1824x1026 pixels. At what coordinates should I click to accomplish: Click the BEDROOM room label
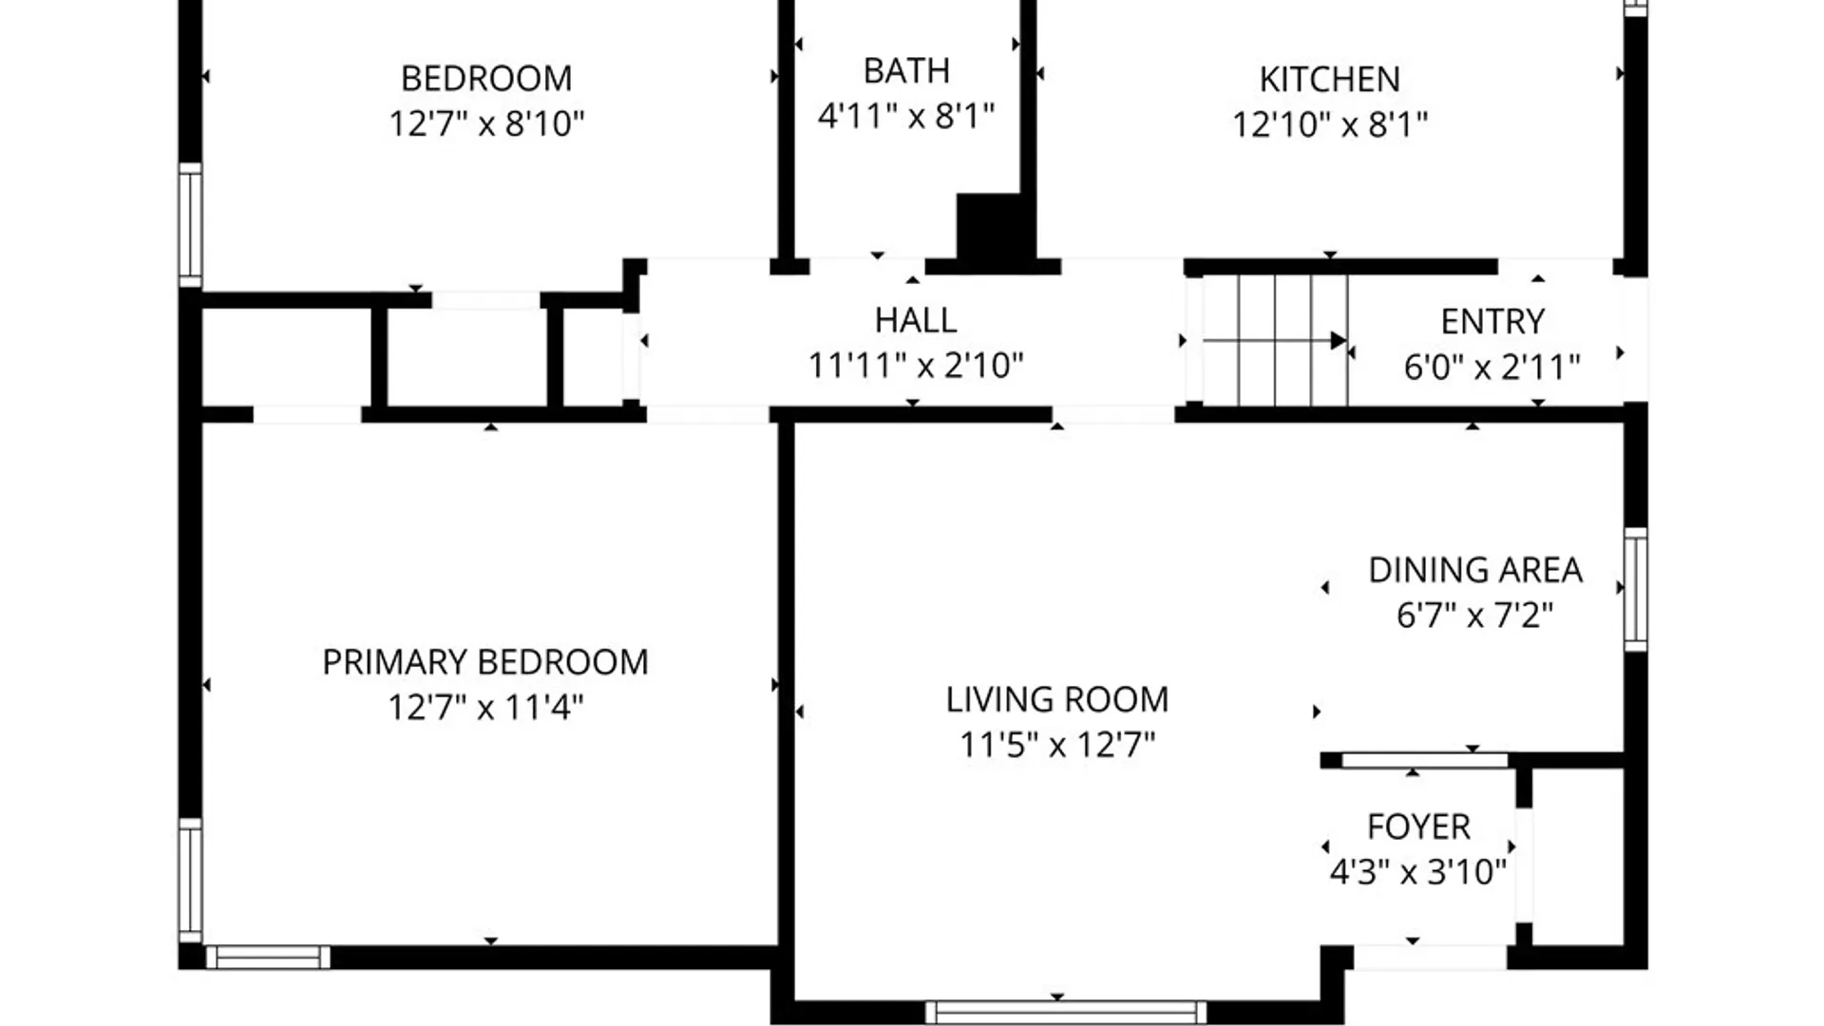[x=486, y=78]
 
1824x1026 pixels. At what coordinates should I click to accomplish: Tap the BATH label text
[x=906, y=70]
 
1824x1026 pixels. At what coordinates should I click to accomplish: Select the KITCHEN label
[x=1330, y=79]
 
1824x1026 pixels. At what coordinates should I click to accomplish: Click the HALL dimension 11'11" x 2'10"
[x=916, y=365]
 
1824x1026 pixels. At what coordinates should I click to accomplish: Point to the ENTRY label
[x=1492, y=322]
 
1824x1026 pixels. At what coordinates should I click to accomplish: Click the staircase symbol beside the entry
[x=1275, y=340]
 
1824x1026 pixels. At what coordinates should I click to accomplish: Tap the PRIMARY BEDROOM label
[x=485, y=661]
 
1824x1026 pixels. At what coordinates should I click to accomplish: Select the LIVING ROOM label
[x=1057, y=699]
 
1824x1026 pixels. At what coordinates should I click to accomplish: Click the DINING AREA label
[x=1475, y=570]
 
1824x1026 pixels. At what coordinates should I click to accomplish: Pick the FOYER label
[x=1418, y=826]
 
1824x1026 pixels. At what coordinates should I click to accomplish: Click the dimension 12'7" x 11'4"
[x=485, y=707]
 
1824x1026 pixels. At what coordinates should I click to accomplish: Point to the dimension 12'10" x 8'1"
[x=1330, y=123]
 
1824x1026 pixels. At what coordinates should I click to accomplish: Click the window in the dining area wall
[x=1635, y=589]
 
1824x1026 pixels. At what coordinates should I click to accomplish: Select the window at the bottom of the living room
[x=1066, y=1013]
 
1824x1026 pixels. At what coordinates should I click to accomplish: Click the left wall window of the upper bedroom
[x=190, y=224]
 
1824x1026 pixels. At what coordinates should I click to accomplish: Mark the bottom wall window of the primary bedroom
[x=268, y=957]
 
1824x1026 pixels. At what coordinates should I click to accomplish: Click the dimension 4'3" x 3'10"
[x=1418, y=871]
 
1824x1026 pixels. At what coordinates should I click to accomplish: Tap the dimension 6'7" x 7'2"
[x=1475, y=615]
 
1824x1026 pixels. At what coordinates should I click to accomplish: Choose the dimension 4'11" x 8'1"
[x=906, y=116]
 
